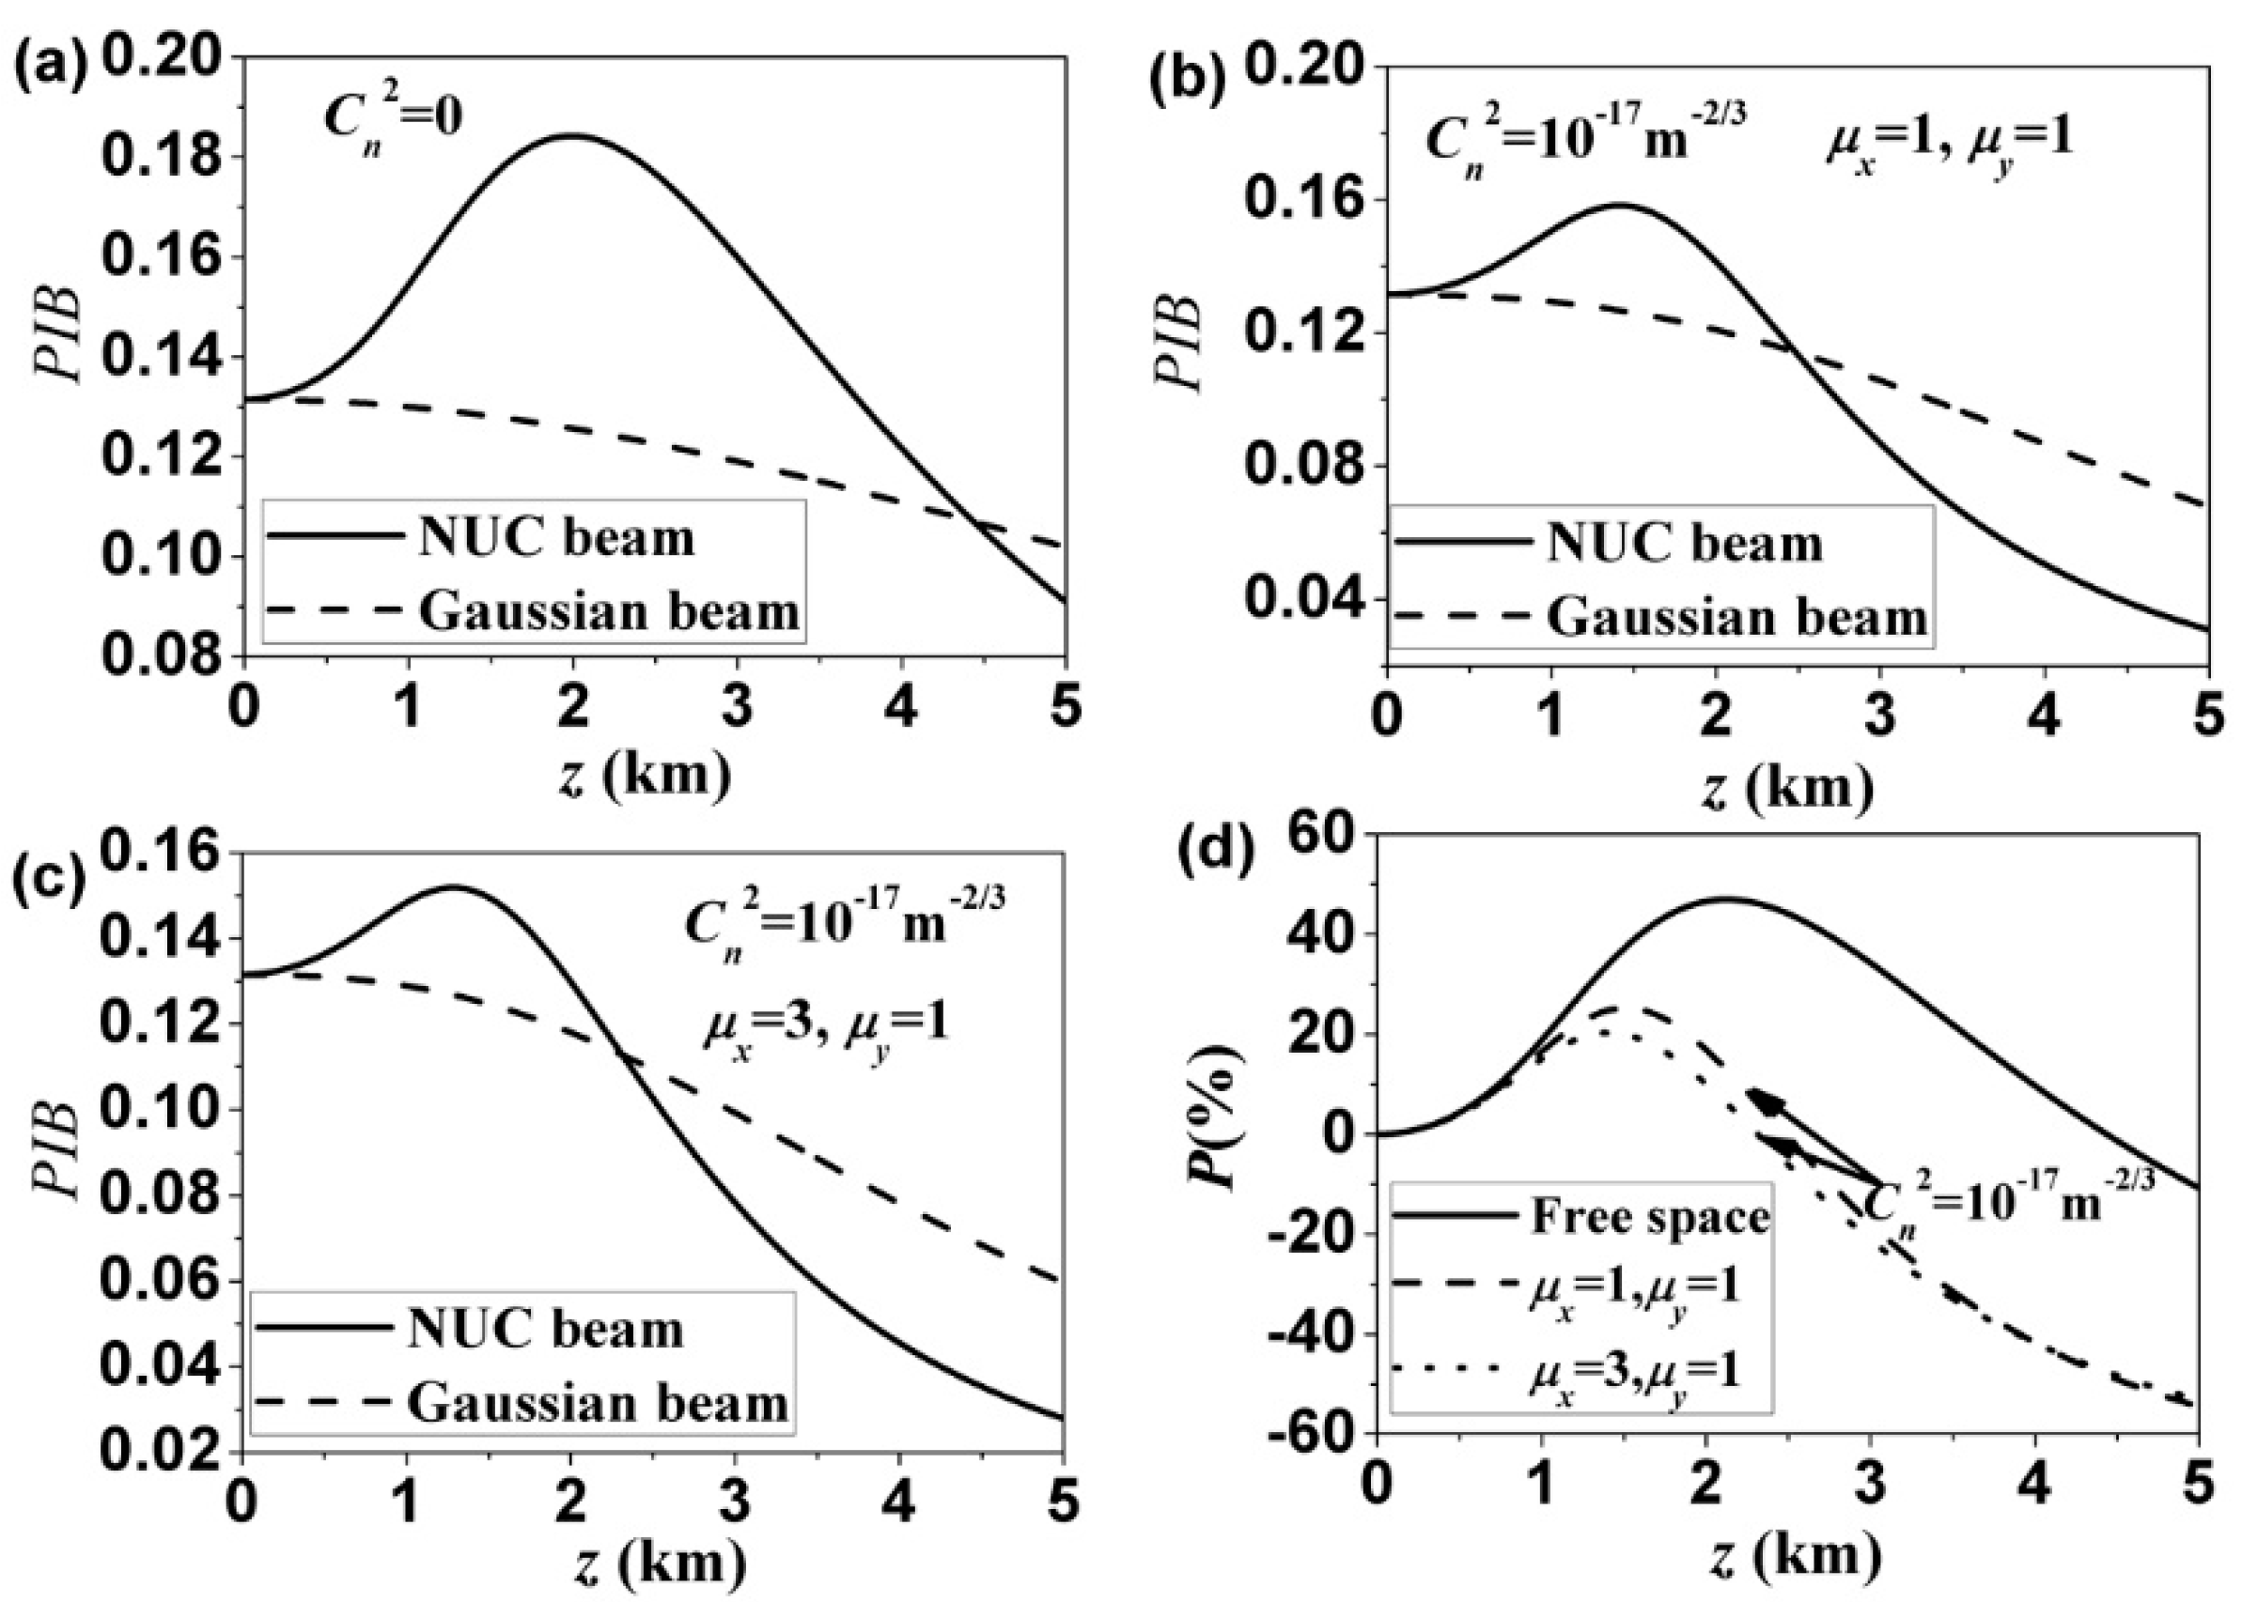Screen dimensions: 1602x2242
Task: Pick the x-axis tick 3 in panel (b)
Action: (x=1880, y=717)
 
